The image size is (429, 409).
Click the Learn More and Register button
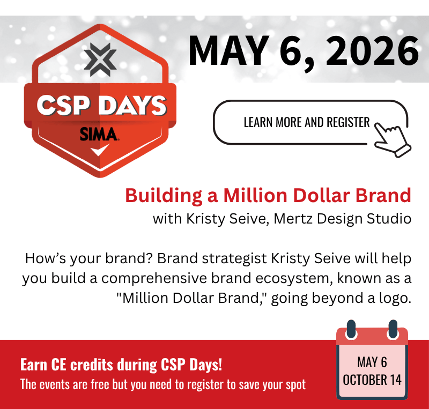306,122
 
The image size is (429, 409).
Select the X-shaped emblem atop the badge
98,59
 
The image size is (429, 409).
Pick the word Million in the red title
257,196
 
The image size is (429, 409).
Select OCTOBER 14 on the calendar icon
372,380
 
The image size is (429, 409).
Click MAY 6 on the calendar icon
372,362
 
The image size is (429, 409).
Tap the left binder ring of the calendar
352,330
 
